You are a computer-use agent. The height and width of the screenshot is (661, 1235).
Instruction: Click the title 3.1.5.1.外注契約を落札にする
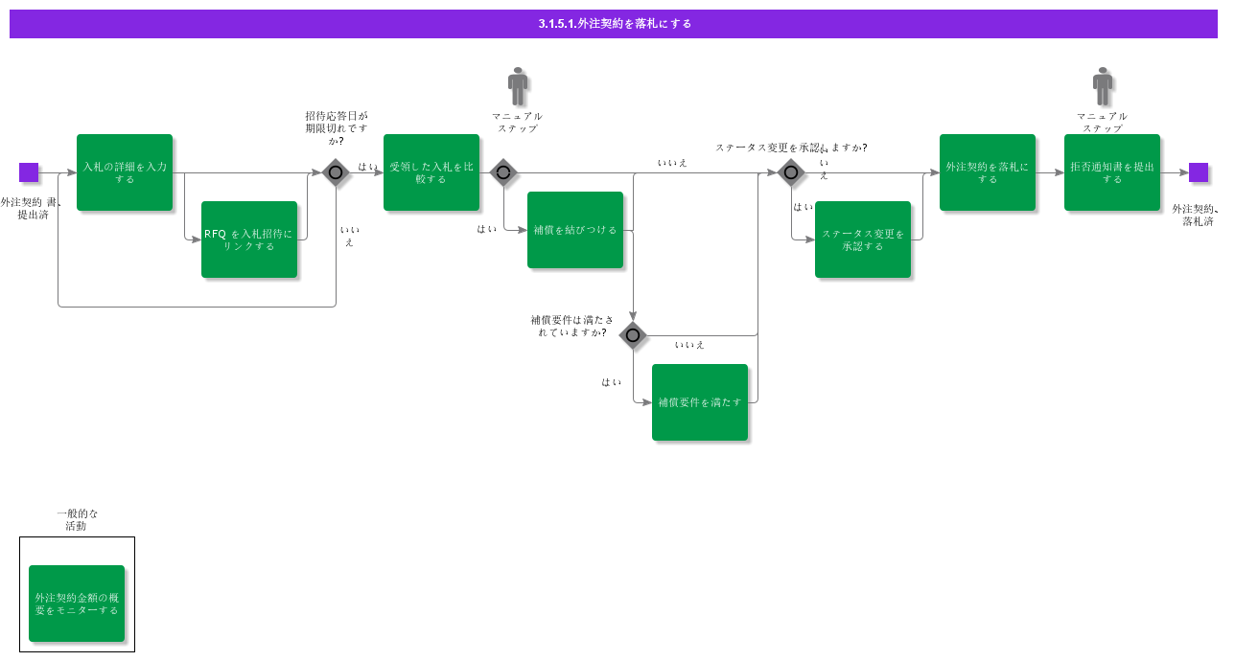click(x=614, y=24)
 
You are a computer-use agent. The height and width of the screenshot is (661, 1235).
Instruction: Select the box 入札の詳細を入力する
click(x=125, y=172)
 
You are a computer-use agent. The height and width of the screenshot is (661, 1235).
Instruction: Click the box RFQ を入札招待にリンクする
click(x=249, y=239)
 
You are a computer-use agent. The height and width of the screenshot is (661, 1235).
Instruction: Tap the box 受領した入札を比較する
click(x=431, y=172)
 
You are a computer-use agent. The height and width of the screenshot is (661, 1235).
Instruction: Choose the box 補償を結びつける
click(x=575, y=230)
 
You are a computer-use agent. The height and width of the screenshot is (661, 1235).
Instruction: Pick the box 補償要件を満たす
click(x=700, y=402)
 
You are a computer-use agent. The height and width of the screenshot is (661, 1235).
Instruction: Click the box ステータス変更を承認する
click(x=863, y=239)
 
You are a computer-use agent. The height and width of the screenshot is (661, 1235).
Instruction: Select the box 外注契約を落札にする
click(x=988, y=172)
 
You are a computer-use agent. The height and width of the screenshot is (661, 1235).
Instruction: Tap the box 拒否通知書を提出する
click(x=1112, y=172)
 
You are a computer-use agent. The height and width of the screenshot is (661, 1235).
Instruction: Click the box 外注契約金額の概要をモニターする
click(x=77, y=604)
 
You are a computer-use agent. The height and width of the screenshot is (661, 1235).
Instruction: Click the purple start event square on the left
click(x=29, y=172)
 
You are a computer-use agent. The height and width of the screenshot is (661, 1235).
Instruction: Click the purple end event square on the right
click(x=1199, y=172)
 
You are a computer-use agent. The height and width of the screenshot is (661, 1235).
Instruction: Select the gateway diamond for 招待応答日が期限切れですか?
click(x=336, y=172)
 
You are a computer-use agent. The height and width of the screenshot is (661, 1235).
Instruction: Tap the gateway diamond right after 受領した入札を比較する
click(x=503, y=172)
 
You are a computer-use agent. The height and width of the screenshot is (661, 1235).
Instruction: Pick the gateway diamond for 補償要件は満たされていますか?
click(x=633, y=335)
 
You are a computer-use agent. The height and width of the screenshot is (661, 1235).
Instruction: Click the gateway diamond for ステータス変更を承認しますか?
click(x=791, y=172)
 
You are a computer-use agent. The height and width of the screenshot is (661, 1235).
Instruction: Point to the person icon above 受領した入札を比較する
click(x=518, y=86)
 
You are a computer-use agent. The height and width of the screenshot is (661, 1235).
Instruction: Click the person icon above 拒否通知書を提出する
click(x=1103, y=86)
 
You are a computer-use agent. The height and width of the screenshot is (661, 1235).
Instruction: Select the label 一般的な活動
click(x=77, y=519)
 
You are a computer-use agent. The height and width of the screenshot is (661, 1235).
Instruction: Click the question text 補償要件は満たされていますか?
click(x=571, y=326)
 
